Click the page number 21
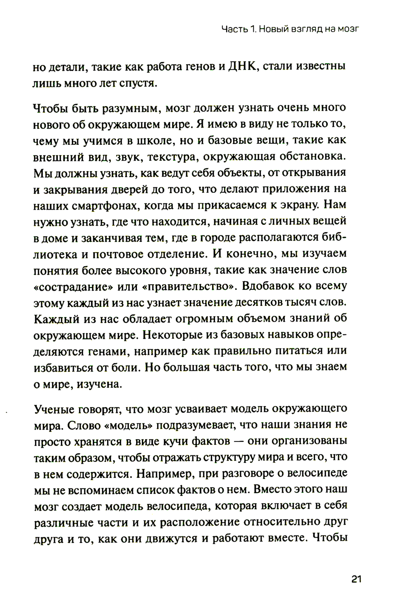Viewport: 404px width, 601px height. [356, 579]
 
